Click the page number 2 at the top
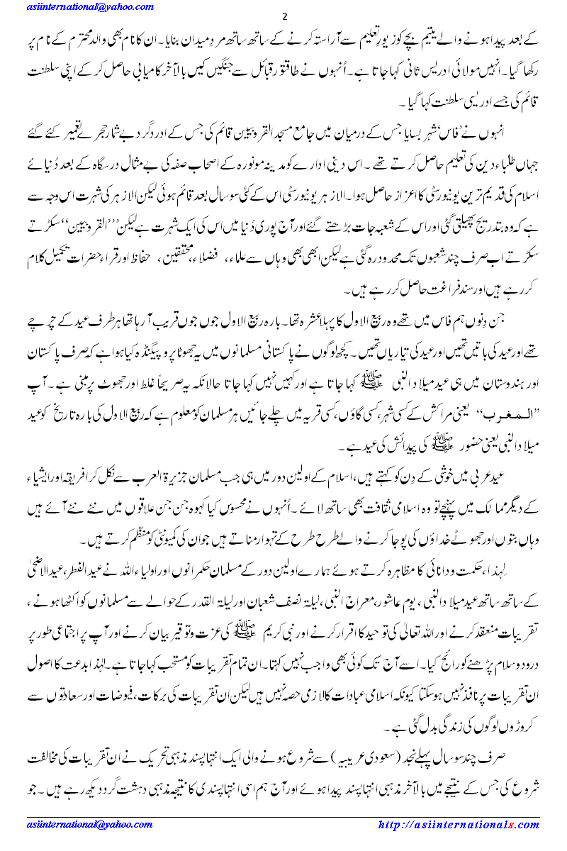284,17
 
